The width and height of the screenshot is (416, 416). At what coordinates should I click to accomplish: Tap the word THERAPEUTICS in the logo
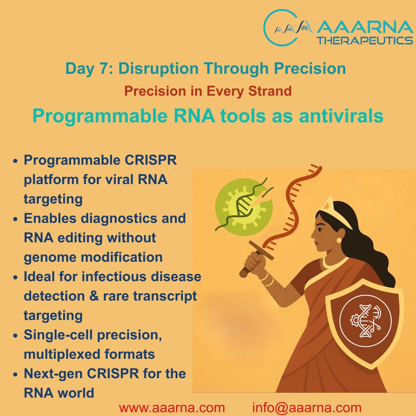click(365, 40)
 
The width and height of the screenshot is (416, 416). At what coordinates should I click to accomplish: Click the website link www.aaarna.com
click(172, 408)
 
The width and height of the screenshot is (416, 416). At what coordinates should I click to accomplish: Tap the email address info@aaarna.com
click(306, 408)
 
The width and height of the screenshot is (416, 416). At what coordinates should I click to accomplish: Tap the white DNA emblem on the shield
click(365, 321)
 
